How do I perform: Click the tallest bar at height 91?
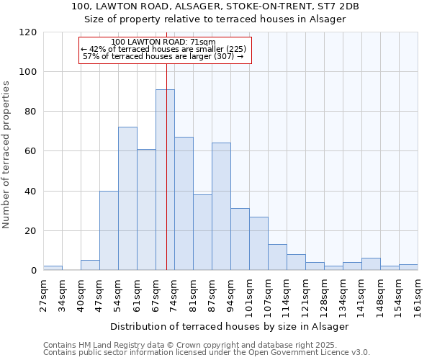coord(165,180)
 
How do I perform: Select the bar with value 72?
coord(127,199)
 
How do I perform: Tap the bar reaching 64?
coord(221,207)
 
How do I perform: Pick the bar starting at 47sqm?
coord(109,230)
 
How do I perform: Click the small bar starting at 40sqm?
coord(90,265)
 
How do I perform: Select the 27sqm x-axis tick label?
coord(43,296)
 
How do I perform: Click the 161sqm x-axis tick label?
coord(418,296)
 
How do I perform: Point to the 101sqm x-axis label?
coord(250,296)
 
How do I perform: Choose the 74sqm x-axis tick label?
coord(174,296)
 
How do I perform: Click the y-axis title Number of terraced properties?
coord(6,155)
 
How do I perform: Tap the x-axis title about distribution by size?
coord(230,326)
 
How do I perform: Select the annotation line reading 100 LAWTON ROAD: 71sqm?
coord(164,42)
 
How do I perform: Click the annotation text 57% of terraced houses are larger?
coord(163,56)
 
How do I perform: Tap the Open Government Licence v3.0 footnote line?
coord(207,352)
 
